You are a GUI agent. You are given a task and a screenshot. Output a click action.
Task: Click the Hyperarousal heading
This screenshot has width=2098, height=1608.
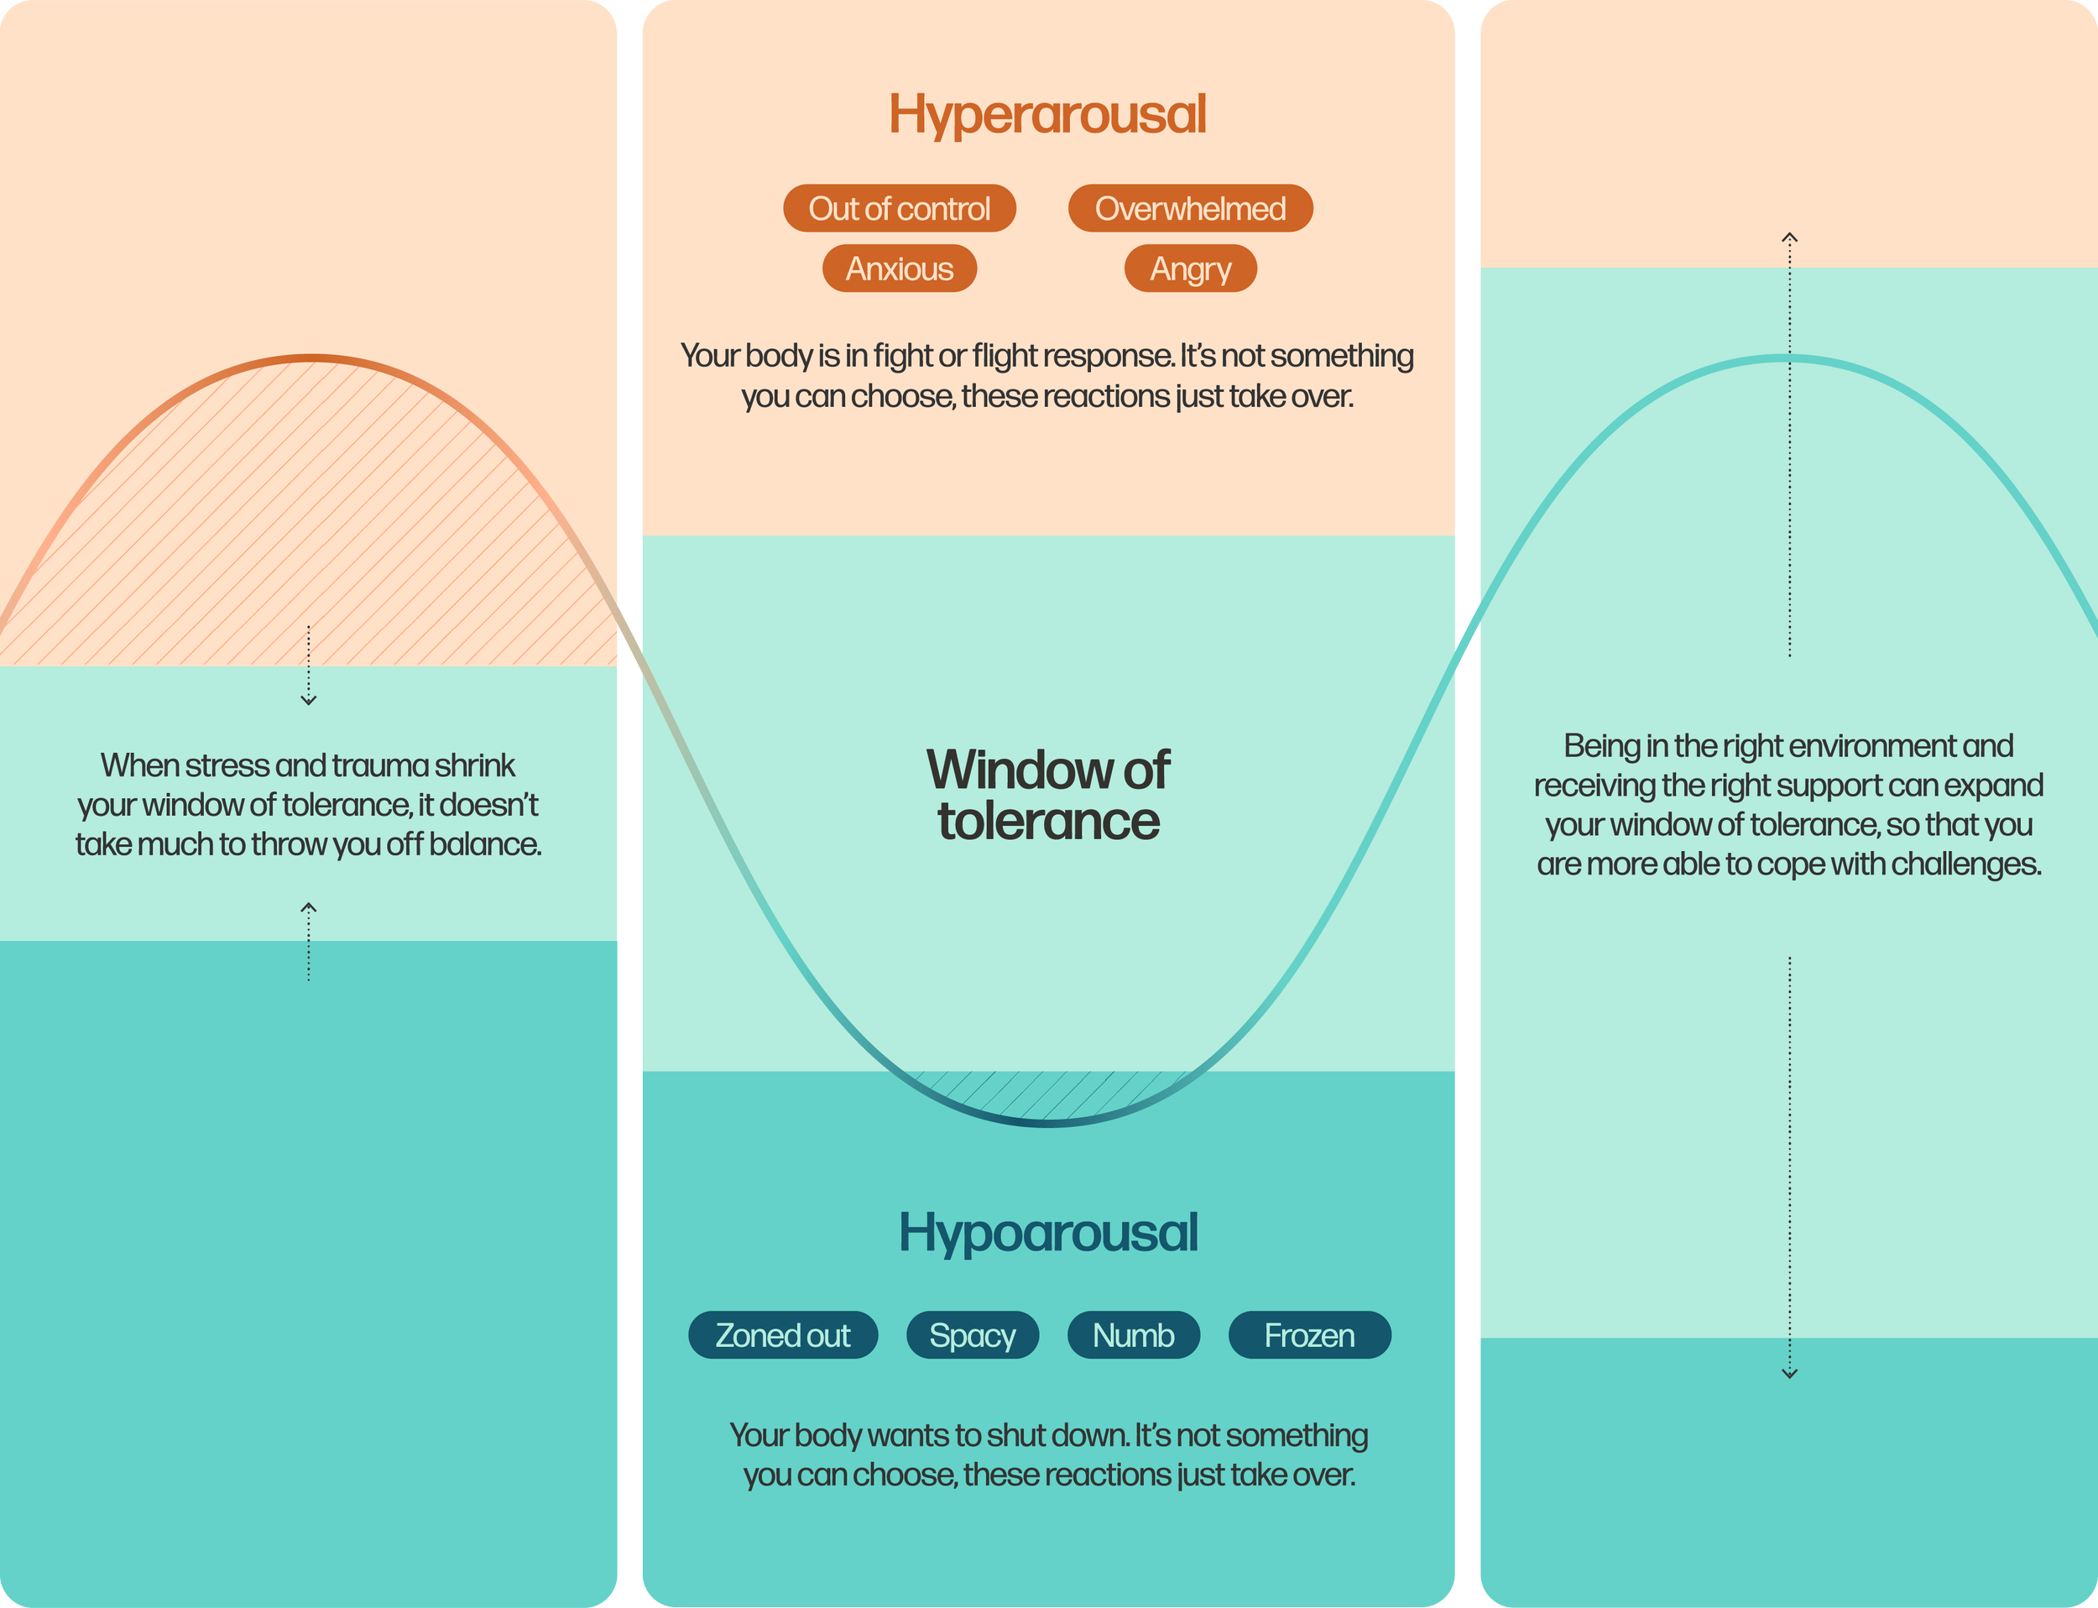[1047, 115]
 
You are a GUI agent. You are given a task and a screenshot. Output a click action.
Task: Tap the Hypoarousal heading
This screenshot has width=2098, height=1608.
[1047, 1233]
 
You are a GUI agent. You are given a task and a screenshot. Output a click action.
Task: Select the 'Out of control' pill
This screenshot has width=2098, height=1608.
[899, 209]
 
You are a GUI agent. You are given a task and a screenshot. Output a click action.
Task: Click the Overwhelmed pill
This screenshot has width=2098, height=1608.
[1190, 209]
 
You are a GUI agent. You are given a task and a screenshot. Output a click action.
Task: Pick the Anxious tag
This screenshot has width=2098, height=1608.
[899, 269]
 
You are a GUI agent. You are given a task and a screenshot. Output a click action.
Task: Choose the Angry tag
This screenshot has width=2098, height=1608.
[1190, 269]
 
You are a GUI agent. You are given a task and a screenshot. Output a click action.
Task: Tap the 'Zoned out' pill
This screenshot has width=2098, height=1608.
[782, 1335]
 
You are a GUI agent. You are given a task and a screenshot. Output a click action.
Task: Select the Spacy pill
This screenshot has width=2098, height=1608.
[972, 1335]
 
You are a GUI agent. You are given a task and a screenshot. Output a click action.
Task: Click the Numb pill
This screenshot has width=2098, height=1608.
[1133, 1335]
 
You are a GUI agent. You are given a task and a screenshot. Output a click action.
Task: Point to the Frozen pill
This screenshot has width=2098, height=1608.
[1308, 1335]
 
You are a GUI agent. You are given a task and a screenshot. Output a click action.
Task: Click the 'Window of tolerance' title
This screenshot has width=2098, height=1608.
[1047, 796]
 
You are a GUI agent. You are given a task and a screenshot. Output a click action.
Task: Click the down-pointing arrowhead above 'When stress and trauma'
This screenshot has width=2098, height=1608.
[308, 701]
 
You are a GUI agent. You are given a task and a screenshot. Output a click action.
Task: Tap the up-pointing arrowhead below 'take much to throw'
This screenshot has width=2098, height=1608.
[308, 907]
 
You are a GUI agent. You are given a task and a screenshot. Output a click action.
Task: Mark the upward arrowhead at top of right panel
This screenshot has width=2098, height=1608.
[1789, 238]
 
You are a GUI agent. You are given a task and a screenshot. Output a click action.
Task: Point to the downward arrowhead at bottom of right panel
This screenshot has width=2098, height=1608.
[1789, 1374]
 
